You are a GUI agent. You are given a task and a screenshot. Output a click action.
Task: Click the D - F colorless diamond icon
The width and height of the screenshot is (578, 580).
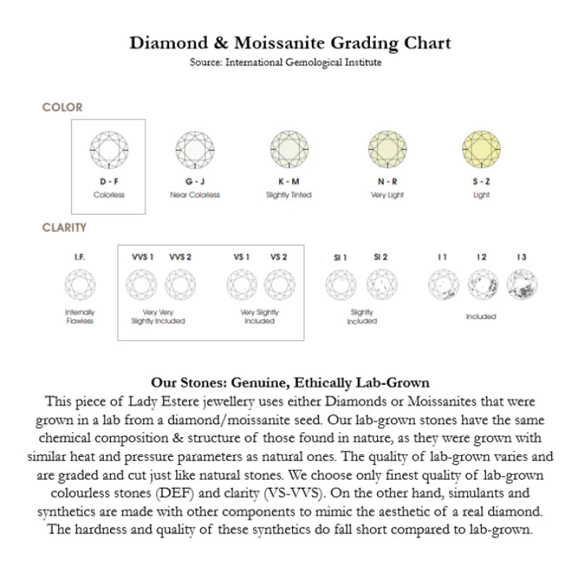click(x=109, y=149)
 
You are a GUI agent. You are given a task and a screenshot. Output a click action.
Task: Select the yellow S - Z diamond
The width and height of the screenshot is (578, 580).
click(x=482, y=149)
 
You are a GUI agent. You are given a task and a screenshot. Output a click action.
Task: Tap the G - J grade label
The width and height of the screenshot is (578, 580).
click(x=194, y=181)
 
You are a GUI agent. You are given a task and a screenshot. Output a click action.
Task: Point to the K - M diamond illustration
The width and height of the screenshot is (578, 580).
click(x=289, y=149)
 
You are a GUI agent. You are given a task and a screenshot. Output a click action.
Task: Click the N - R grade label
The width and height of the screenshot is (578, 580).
click(x=387, y=181)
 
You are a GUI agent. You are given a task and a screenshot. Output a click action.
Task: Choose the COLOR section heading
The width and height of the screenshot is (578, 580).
click(x=62, y=107)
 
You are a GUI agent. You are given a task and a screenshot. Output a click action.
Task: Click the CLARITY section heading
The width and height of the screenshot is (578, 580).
click(x=65, y=227)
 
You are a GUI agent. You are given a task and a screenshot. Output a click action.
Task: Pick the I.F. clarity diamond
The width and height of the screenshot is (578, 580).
click(x=80, y=283)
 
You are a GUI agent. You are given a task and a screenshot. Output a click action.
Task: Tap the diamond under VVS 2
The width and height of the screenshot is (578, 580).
click(x=180, y=283)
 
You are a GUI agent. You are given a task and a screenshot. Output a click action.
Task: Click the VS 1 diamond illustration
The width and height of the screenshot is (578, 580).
click(x=241, y=283)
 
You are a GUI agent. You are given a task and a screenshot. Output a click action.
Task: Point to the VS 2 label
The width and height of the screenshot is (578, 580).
click(x=278, y=257)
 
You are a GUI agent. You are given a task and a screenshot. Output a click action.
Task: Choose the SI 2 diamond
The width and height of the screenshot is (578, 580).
click(x=381, y=283)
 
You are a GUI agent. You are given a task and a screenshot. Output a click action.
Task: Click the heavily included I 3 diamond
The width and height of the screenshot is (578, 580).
click(x=521, y=283)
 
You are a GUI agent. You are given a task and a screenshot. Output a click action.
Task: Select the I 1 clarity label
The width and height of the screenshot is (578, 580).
click(x=442, y=257)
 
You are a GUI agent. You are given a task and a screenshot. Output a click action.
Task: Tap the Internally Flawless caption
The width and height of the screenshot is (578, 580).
click(x=80, y=316)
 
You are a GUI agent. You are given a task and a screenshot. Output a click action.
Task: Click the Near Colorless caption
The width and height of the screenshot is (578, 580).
click(x=194, y=195)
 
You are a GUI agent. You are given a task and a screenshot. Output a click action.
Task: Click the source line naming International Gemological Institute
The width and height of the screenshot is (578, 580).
click(x=286, y=62)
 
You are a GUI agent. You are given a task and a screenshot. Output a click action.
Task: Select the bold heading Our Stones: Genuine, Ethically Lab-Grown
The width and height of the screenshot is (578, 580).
click(x=289, y=382)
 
